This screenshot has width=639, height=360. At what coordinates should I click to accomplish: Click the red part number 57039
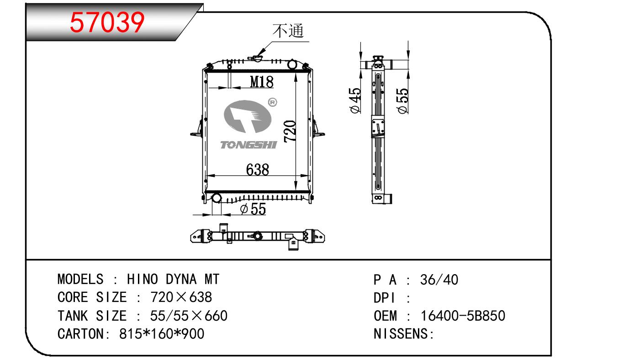107,22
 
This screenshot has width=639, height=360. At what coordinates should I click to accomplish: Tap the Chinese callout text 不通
288,31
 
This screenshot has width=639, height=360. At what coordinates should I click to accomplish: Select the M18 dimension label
262,82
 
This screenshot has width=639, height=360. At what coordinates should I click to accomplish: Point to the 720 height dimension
290,131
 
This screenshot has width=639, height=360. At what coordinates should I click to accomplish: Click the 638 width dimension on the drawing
257,169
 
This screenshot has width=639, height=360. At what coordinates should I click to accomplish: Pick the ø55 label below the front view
253,209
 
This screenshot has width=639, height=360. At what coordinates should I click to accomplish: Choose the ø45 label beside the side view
355,101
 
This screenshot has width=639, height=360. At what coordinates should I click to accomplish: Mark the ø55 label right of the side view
402,101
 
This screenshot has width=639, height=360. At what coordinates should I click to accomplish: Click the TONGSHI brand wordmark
248,145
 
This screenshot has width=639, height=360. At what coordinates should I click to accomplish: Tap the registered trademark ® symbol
273,102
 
